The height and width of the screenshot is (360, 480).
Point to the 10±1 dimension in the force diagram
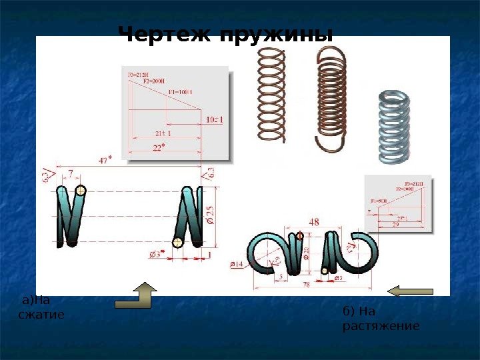[x=214, y=120]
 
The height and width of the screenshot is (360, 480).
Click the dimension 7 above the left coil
[x=71, y=174]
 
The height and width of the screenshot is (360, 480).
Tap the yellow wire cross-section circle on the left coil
[x=81, y=191]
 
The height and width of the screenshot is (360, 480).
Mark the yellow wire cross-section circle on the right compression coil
[x=177, y=242]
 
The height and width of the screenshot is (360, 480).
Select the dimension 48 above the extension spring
[x=313, y=222]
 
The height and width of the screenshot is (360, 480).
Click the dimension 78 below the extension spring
[x=307, y=285]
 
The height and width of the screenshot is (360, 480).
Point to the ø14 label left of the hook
[x=236, y=265]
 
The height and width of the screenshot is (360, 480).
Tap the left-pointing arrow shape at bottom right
[x=411, y=290]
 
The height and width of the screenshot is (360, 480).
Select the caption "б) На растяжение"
[x=380, y=319]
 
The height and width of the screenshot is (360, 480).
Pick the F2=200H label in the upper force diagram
[x=157, y=81]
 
